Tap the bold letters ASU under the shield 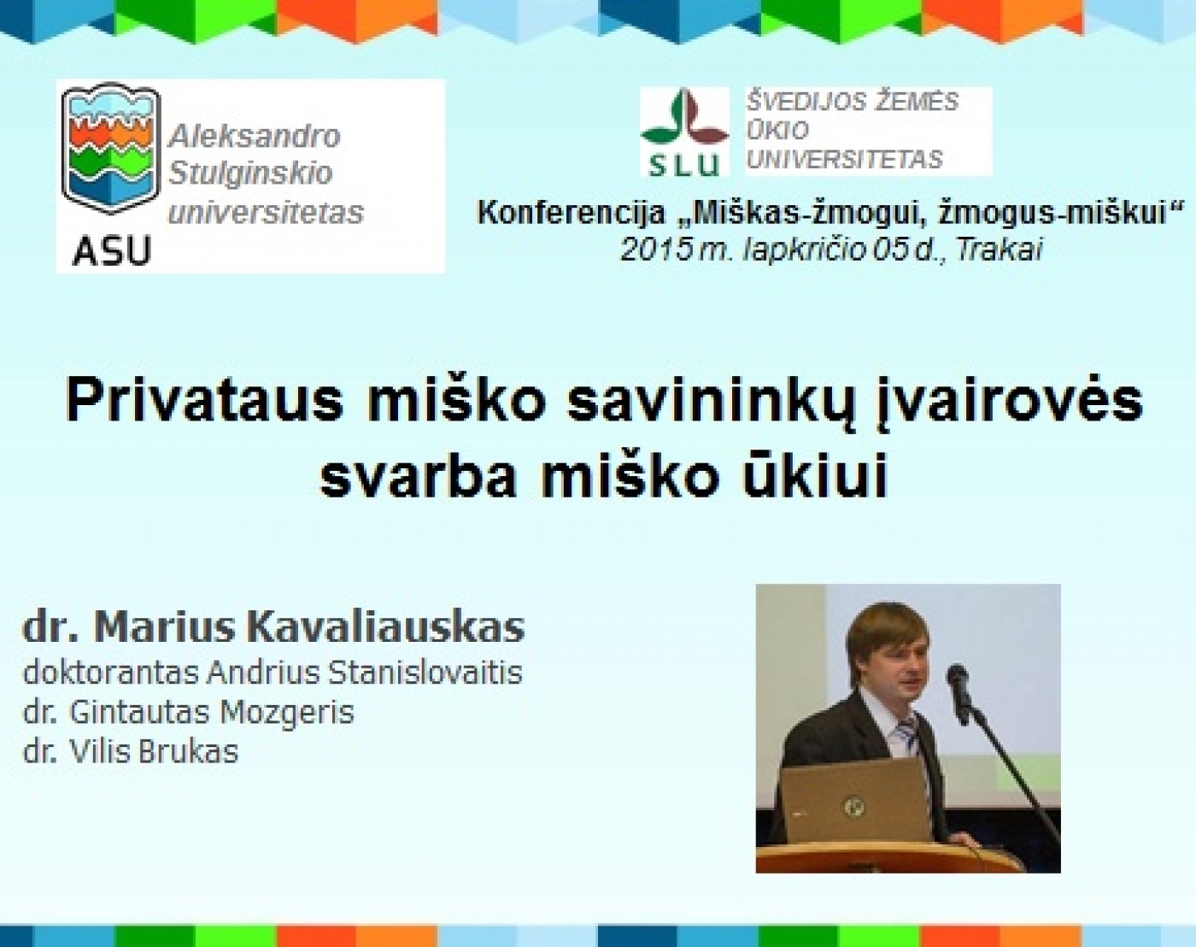112,250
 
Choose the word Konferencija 572,214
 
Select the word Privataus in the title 204,402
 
